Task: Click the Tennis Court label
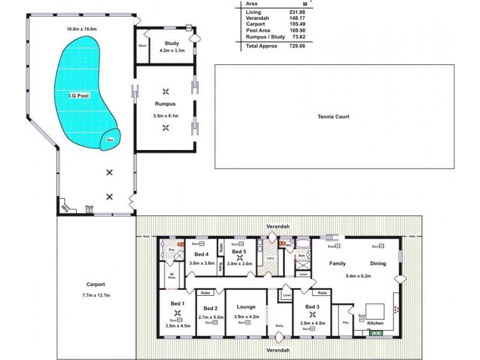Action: click(x=334, y=117)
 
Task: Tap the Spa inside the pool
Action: click(x=110, y=139)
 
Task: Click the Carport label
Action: click(x=95, y=284)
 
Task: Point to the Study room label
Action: click(x=172, y=43)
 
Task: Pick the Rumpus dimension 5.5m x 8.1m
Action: click(x=166, y=115)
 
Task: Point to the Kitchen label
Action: click(x=376, y=323)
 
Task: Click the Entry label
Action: click(x=279, y=326)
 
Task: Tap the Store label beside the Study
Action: click(x=143, y=45)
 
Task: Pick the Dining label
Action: click(x=378, y=263)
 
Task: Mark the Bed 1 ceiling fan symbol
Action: click(x=177, y=313)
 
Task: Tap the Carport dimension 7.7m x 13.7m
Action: click(x=95, y=295)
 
